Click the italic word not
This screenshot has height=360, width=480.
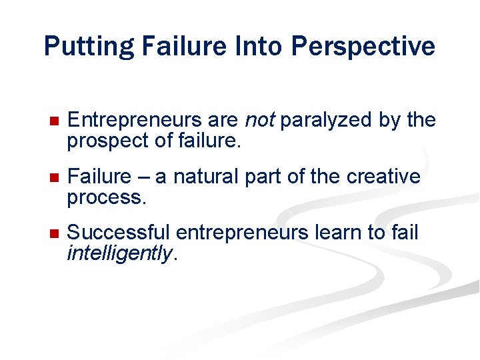coord(260,120)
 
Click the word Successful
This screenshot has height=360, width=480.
coord(119,233)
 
